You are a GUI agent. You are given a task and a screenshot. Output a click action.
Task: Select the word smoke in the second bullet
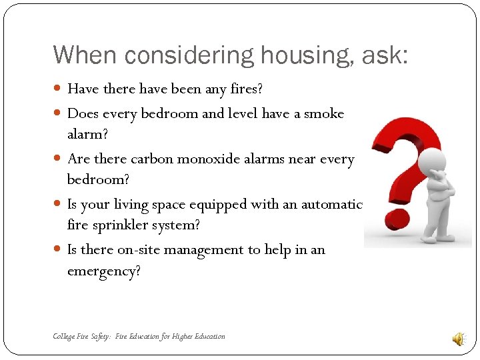324,113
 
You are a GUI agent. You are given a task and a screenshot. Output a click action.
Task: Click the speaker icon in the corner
459,339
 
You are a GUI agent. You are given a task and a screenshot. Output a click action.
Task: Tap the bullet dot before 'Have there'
59,89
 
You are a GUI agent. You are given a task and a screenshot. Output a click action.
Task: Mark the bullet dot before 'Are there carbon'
59,159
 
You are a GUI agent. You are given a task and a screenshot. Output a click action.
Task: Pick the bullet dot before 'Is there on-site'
59,250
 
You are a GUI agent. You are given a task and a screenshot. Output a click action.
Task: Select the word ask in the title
385,55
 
